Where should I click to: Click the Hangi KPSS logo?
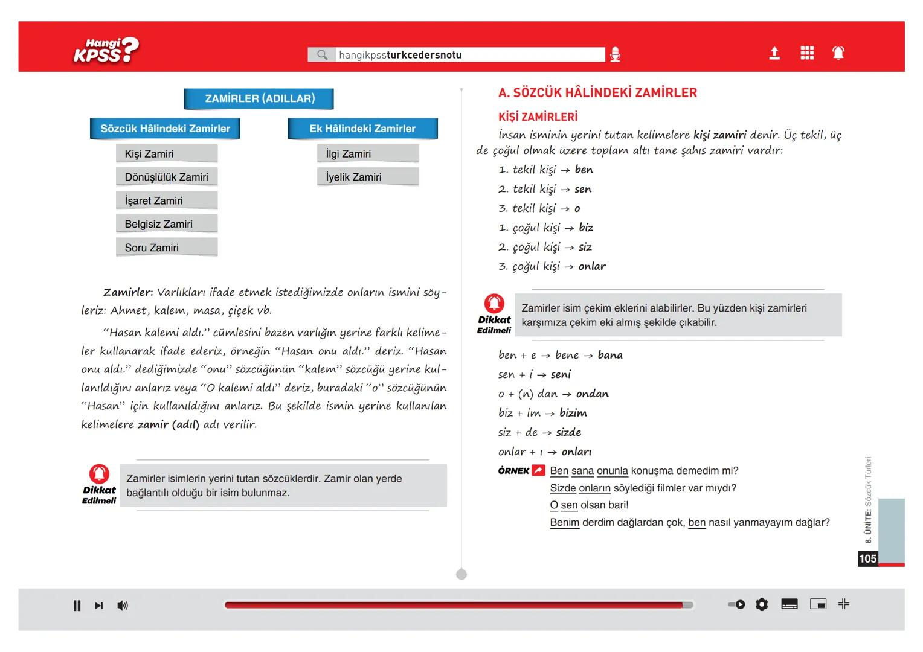tap(106, 51)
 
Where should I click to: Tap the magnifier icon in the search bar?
tap(323, 55)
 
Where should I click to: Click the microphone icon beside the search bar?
tap(615, 55)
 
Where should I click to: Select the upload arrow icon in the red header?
tap(774, 54)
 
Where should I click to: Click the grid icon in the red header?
tap(807, 54)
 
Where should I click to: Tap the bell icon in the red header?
tap(838, 54)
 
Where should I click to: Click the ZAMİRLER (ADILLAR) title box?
tap(259, 98)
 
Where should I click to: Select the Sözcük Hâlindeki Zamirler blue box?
tap(165, 129)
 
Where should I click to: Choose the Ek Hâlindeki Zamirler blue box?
tap(362, 129)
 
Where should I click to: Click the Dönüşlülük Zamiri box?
tap(166, 177)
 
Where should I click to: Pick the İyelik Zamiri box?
tap(367, 177)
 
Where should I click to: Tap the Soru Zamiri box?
tap(166, 248)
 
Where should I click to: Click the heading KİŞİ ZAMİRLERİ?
tap(538, 117)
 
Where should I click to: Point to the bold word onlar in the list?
tap(592, 266)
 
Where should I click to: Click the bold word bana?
tap(610, 355)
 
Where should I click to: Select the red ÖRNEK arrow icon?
tap(538, 470)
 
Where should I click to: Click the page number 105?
tap(867, 558)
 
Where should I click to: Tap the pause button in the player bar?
tap(77, 606)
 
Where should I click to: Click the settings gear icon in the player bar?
tap(762, 604)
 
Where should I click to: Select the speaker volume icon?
tap(123, 606)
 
